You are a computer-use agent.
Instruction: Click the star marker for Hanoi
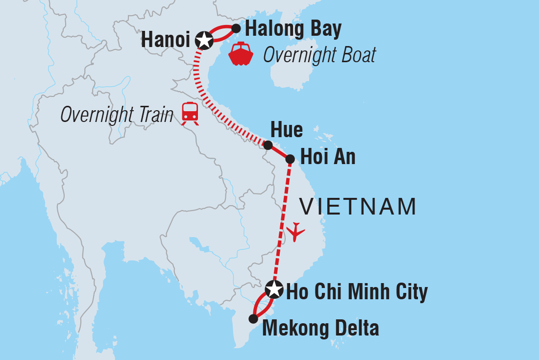coord(204,41)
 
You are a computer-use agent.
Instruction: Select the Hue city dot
coord(268,145)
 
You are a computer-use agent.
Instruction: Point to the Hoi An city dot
coord(290,159)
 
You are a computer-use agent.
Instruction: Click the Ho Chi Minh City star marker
coord(273,289)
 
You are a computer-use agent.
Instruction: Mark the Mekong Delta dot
coord(253,319)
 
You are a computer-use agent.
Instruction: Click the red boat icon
coord(241,54)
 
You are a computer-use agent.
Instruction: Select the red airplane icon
coord(295,231)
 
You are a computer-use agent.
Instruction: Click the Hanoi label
coord(165,41)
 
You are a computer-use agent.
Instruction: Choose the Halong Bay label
coord(293,29)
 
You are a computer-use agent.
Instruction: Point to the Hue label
coord(286,130)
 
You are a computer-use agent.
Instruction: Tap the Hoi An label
coord(327,158)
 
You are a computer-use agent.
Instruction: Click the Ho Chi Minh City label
coord(357,292)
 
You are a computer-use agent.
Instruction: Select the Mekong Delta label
coord(320,328)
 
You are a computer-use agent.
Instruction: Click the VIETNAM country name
coord(358,207)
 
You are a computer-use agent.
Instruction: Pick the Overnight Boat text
coord(319,55)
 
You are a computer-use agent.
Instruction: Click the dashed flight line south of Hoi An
coord(282,220)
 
